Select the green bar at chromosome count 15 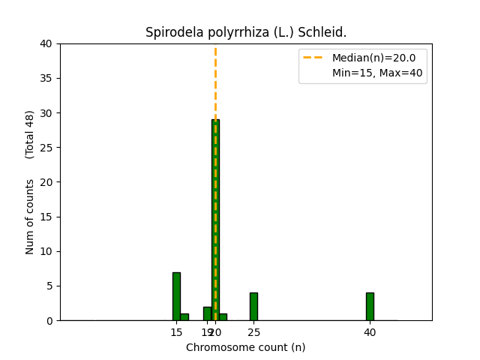176,296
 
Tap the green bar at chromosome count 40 370,306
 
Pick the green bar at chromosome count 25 253,306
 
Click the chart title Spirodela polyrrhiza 246,32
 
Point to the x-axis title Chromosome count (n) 246,347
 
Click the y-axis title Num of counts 30,216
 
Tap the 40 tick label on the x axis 370,331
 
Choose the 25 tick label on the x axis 253,331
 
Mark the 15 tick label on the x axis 176,331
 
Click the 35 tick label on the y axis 46,78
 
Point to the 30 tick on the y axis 46,113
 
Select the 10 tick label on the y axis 46,251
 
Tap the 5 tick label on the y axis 49,286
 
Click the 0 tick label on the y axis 49,320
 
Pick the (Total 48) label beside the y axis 30,134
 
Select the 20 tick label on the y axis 46,182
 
